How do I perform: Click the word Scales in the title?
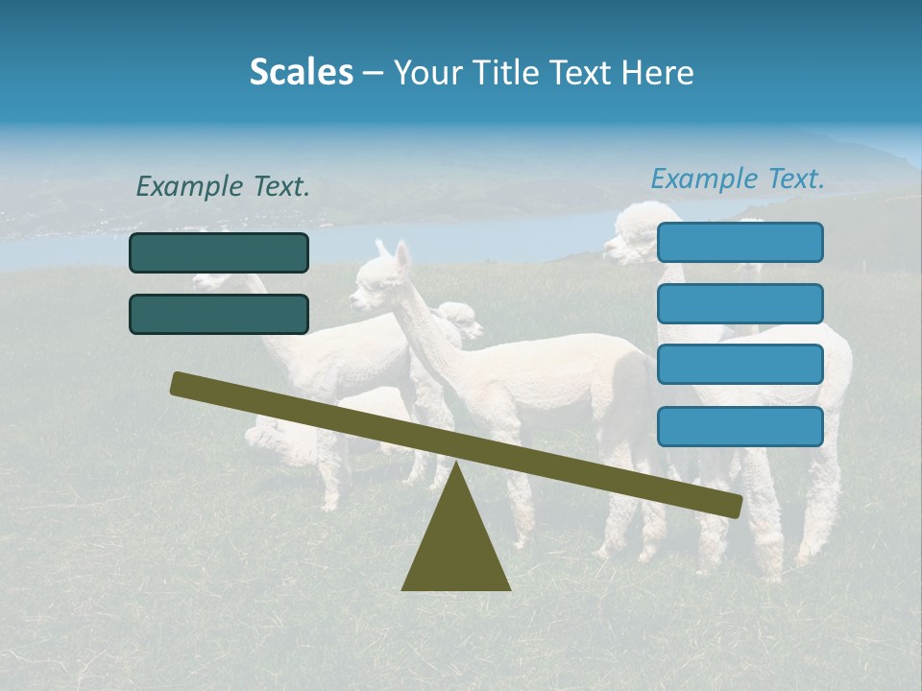click(x=301, y=73)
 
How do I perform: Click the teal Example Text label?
click(x=223, y=187)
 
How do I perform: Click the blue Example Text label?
click(x=738, y=179)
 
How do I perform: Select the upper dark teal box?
click(x=219, y=253)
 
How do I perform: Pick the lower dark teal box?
click(x=219, y=314)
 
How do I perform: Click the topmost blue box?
click(x=740, y=243)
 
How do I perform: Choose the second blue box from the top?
click(x=740, y=303)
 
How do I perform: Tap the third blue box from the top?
click(x=740, y=364)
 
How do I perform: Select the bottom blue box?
click(x=740, y=426)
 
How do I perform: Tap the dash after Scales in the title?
click(x=373, y=74)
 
